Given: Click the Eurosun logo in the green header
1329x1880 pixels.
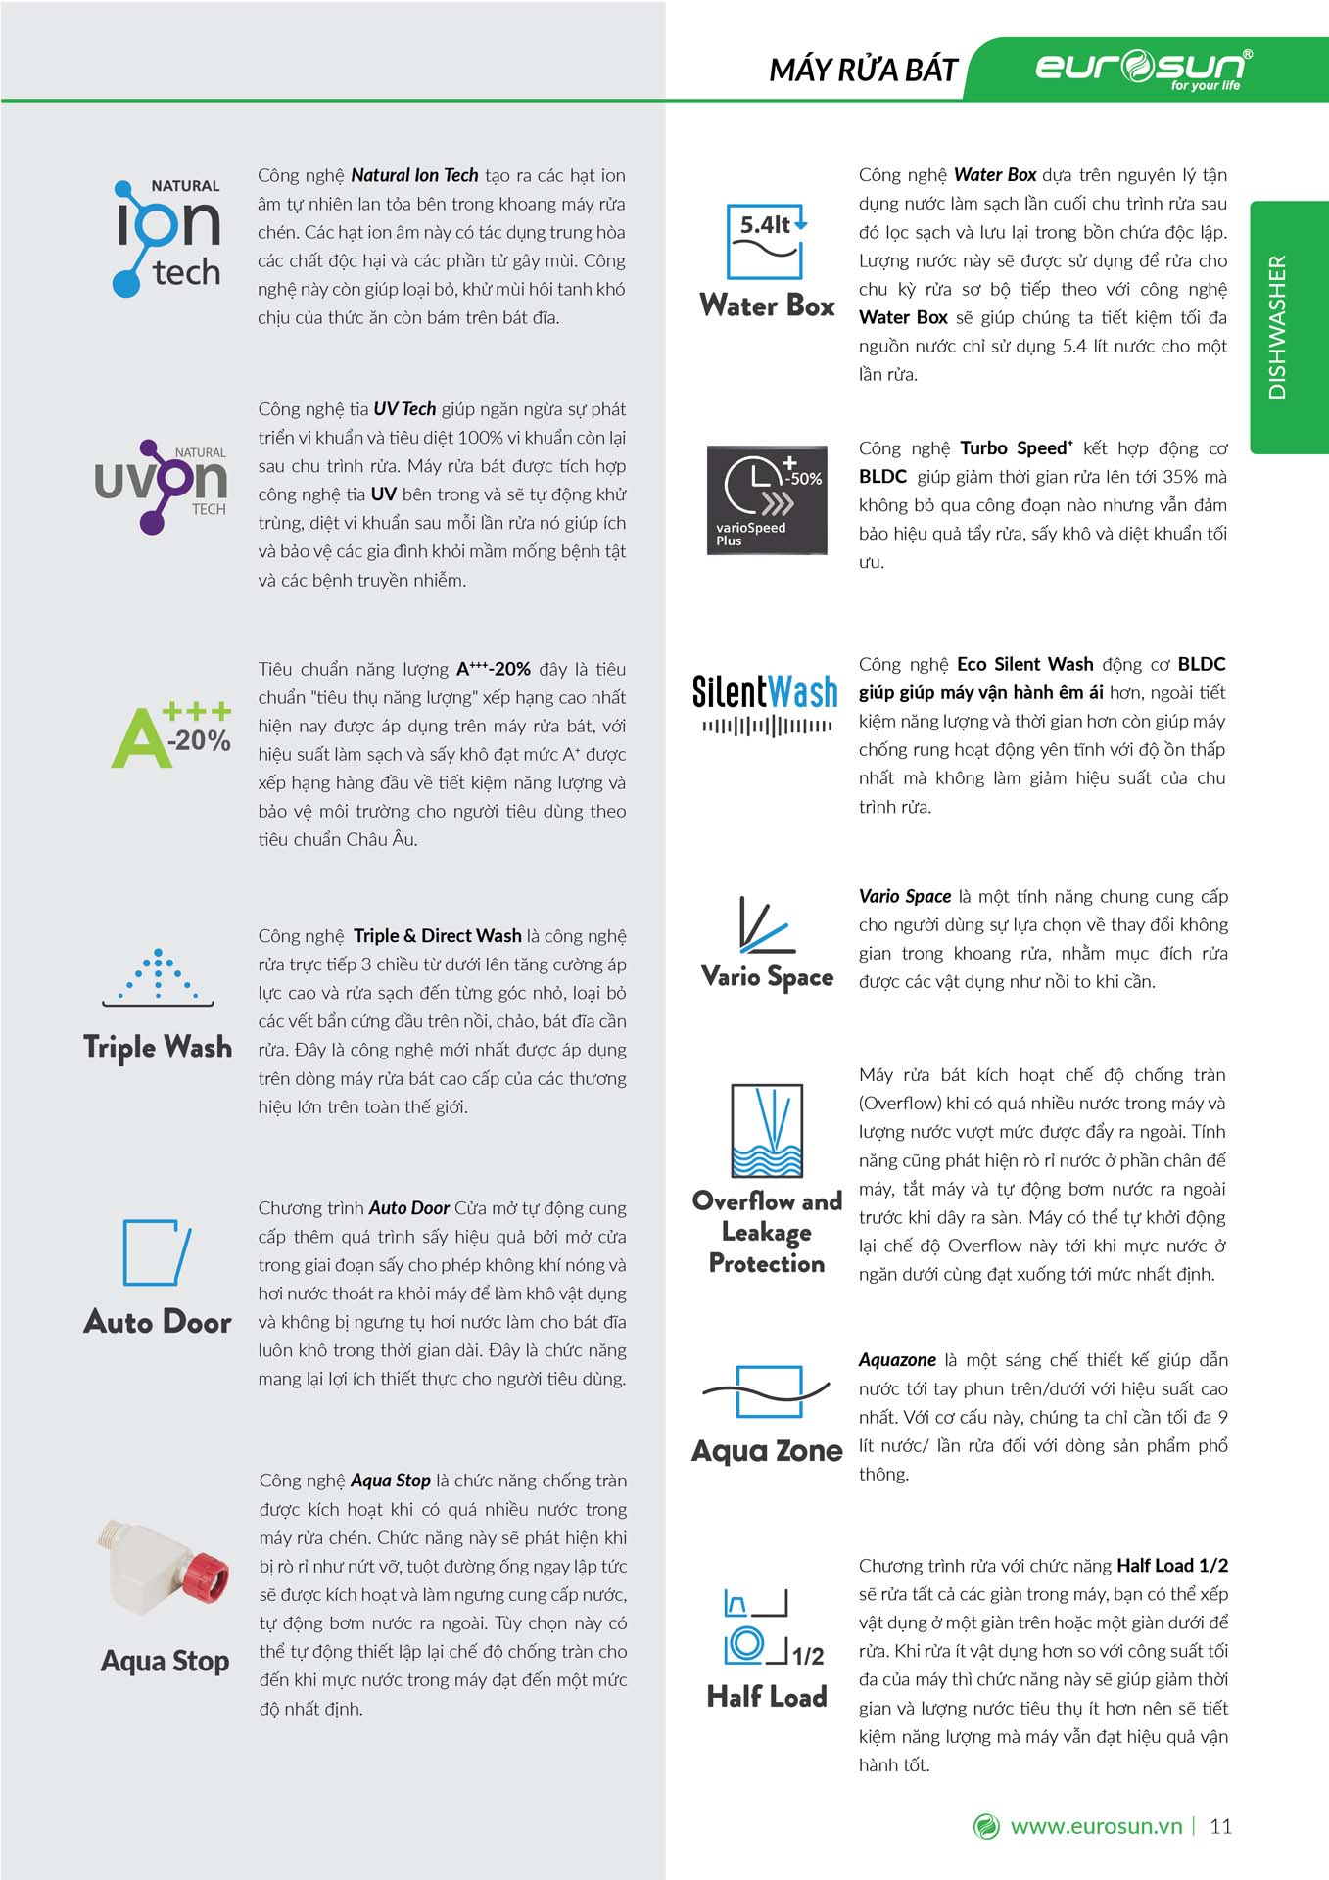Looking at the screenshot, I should tap(1143, 68).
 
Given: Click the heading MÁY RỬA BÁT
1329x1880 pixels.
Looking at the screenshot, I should tap(863, 70).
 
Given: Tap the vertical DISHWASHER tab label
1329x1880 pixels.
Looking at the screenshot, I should tap(1277, 327).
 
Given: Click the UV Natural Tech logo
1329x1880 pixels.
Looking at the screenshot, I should tap(161, 486).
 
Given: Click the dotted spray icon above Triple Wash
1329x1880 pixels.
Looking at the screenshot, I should tap(158, 976).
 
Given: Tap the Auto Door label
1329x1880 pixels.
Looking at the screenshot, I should tap(158, 1322).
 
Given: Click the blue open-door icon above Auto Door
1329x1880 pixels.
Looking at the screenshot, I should tap(156, 1252).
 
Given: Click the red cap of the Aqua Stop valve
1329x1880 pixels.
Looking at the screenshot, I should tap(207, 1576).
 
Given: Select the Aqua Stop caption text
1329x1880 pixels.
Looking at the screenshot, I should tap(165, 1661).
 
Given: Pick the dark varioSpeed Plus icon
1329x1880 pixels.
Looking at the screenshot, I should tap(767, 499).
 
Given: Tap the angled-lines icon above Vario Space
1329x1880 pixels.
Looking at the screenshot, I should tap(765, 925).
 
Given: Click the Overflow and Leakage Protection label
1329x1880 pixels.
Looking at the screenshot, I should tap(767, 1232).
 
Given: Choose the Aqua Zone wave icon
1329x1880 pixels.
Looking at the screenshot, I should tap(767, 1391).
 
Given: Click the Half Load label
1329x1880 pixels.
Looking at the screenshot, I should tap(767, 1697).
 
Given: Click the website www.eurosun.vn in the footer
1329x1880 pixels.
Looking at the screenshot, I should tap(1096, 1826).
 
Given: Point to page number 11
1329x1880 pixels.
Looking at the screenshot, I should tap(1220, 1826).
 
